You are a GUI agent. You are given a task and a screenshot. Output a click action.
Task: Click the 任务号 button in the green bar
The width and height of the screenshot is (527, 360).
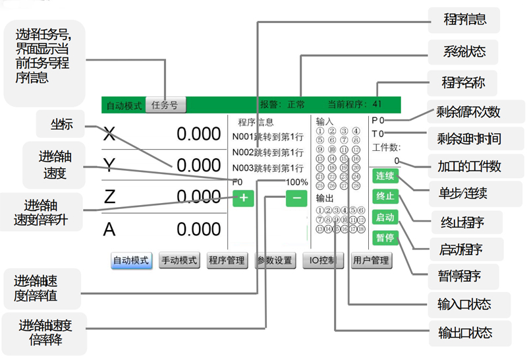[x=165, y=104]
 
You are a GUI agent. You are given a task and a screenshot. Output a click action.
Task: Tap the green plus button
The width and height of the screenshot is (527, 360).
[x=243, y=197]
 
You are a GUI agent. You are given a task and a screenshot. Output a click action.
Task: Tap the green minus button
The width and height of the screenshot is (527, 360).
[x=296, y=197]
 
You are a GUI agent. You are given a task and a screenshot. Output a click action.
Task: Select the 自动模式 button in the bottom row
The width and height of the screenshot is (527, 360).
[x=132, y=260]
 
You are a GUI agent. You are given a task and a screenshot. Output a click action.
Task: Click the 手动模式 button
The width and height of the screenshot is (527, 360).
[x=179, y=260]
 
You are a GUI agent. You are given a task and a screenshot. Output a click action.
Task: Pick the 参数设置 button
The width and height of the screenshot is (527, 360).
[x=275, y=260]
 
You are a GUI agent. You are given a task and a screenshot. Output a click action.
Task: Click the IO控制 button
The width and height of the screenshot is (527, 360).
[x=323, y=260]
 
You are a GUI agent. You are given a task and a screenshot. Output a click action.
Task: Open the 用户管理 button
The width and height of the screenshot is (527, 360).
[x=371, y=260]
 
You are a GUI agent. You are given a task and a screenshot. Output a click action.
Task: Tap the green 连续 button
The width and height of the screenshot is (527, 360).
[x=384, y=176]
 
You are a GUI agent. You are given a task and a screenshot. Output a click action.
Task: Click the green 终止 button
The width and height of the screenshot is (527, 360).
[x=384, y=196]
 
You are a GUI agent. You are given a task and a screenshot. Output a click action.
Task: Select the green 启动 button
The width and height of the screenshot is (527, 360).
[x=384, y=217]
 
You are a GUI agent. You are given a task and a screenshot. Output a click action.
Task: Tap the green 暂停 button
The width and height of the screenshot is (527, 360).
[x=384, y=237]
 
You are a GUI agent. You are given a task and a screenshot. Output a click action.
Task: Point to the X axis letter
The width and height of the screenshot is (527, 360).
[x=109, y=135]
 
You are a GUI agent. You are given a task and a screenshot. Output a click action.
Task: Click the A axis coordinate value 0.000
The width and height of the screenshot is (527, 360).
[x=198, y=229]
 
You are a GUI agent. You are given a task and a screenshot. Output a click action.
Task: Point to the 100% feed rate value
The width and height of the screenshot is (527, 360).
[x=296, y=182]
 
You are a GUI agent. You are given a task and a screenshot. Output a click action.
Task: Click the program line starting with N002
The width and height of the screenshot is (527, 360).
[x=267, y=152]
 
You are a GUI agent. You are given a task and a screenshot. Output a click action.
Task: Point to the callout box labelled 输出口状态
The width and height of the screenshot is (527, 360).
[x=465, y=332]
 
